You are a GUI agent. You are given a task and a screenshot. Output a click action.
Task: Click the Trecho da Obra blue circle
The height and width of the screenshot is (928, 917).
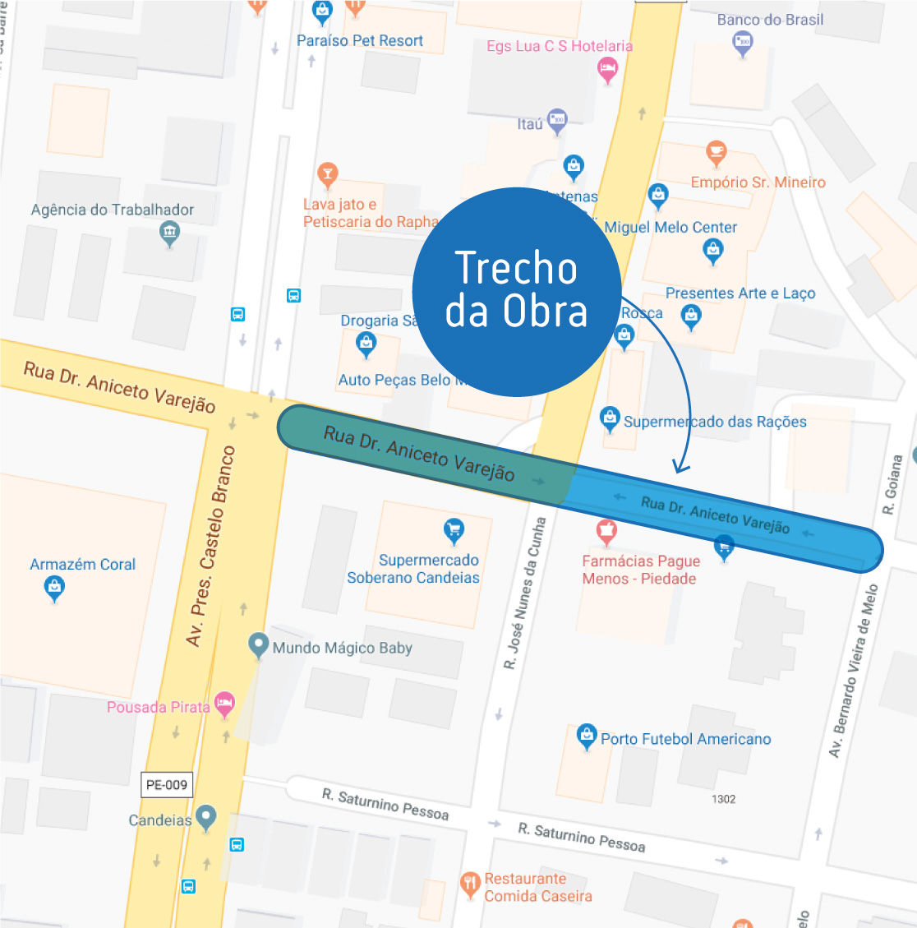pyautogui.click(x=516, y=292)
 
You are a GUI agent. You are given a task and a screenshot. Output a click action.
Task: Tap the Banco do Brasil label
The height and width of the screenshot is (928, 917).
pyautogui.click(x=770, y=20)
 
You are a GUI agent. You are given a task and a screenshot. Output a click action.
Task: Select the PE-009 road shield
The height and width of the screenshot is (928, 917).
pyautogui.click(x=167, y=785)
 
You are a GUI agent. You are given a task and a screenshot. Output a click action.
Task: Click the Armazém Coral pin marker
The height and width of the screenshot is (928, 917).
pyautogui.click(x=54, y=588)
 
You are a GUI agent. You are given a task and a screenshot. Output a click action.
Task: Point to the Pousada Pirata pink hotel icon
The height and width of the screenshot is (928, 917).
pyautogui.click(x=224, y=704)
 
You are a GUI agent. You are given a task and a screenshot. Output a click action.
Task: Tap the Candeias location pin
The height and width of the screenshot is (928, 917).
pyautogui.click(x=205, y=817)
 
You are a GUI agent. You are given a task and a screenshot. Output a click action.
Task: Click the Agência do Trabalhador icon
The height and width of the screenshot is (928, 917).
pyautogui.click(x=169, y=233)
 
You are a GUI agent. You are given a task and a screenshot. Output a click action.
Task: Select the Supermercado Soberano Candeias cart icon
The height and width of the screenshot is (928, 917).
pyautogui.click(x=454, y=530)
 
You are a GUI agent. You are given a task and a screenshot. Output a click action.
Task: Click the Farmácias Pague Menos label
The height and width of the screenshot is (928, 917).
pyautogui.click(x=640, y=570)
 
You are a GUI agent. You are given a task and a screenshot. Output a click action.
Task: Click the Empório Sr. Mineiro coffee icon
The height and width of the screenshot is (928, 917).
pyautogui.click(x=717, y=152)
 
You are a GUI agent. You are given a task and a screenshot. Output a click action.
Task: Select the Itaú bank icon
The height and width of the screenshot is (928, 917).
pyautogui.click(x=557, y=121)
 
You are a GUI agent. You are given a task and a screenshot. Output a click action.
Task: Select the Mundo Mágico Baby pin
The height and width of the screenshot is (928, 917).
pyautogui.click(x=259, y=645)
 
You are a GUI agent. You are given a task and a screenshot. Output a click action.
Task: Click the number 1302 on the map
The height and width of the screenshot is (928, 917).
pyautogui.click(x=723, y=799)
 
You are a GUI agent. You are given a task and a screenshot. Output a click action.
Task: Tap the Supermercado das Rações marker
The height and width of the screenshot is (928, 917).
pyautogui.click(x=610, y=418)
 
